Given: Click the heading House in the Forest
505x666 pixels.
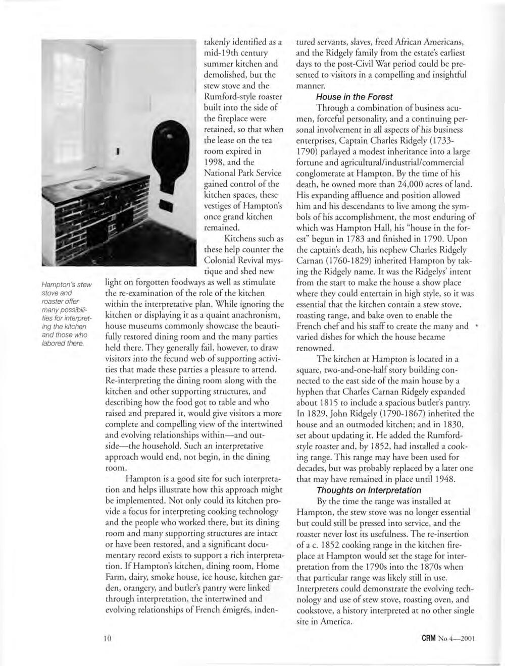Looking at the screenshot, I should click(354, 97).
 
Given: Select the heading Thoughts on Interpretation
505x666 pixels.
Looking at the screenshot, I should click(369, 490).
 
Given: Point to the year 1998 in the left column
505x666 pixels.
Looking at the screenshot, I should click(215, 162).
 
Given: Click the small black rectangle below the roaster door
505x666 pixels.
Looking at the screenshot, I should click(166, 204).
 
